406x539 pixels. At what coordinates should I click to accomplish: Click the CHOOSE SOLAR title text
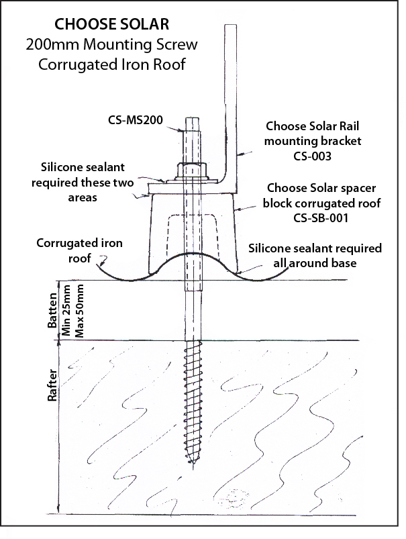click(111, 24)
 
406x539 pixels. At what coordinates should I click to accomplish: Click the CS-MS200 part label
click(136, 120)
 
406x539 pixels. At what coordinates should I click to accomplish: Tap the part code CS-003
click(312, 156)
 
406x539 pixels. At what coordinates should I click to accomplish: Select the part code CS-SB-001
click(321, 218)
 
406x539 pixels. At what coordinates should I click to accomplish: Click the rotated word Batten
click(52, 310)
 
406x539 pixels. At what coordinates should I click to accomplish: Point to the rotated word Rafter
click(52, 385)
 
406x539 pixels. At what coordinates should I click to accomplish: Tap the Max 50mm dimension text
click(79, 310)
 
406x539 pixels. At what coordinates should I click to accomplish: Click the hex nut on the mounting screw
click(191, 169)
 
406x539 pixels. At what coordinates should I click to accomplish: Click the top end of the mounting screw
click(193, 119)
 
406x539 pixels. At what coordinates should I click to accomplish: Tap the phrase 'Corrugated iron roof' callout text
click(79, 250)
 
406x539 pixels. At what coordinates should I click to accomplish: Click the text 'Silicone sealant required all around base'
click(315, 256)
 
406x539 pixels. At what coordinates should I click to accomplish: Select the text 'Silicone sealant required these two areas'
click(83, 182)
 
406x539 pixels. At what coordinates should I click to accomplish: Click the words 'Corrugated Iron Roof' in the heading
click(112, 64)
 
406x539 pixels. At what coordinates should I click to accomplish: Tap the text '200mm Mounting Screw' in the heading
click(111, 44)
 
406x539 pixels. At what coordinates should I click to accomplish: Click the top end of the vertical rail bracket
click(231, 26)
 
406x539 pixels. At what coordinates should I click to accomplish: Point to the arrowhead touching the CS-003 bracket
click(240, 154)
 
